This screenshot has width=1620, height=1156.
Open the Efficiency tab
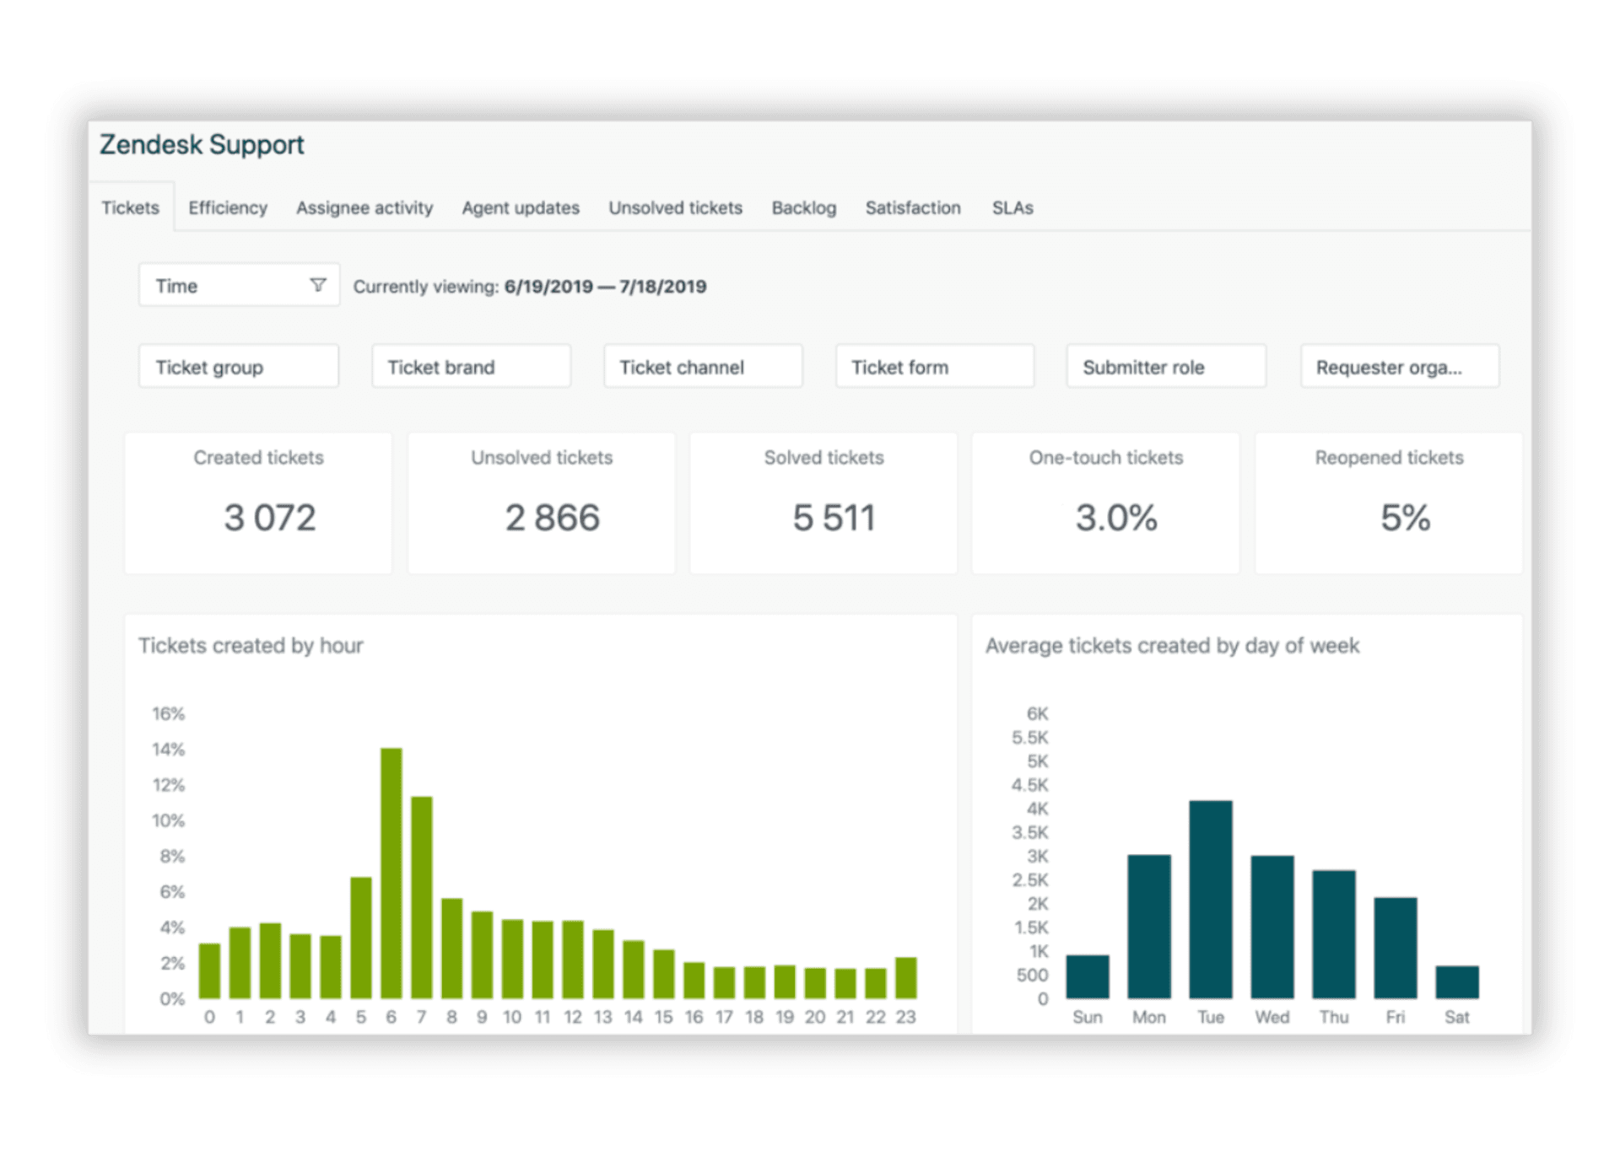pos(227,207)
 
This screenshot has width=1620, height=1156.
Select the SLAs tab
pos(1012,207)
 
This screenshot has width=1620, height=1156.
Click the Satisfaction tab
pos(912,207)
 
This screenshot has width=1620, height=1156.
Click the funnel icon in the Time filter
pos(318,285)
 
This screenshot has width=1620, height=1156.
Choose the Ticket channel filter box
pos(702,367)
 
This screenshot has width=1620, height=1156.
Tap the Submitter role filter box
pos(1165,367)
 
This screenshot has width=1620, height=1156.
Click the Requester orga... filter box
pos(1399,367)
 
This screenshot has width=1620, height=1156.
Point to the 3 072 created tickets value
pos(269,517)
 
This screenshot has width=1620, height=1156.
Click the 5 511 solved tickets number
pos(834,517)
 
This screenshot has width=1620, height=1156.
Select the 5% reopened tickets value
pos(1405,517)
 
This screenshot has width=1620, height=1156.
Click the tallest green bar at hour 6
pos(391,873)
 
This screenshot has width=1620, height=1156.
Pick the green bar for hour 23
pos(905,978)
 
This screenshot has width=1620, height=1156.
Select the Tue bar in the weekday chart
pos(1210,899)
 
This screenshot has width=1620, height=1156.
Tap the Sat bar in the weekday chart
pos(1456,982)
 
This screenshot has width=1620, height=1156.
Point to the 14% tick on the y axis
pos(168,749)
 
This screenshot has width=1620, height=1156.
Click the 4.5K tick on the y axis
pos(1029,785)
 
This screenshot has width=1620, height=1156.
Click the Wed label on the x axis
pos(1272,1017)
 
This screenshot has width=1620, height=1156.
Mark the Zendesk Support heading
pos(202,145)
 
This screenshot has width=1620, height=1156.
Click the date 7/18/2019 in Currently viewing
pos(662,287)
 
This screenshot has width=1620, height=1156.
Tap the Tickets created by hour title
pos(251,646)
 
